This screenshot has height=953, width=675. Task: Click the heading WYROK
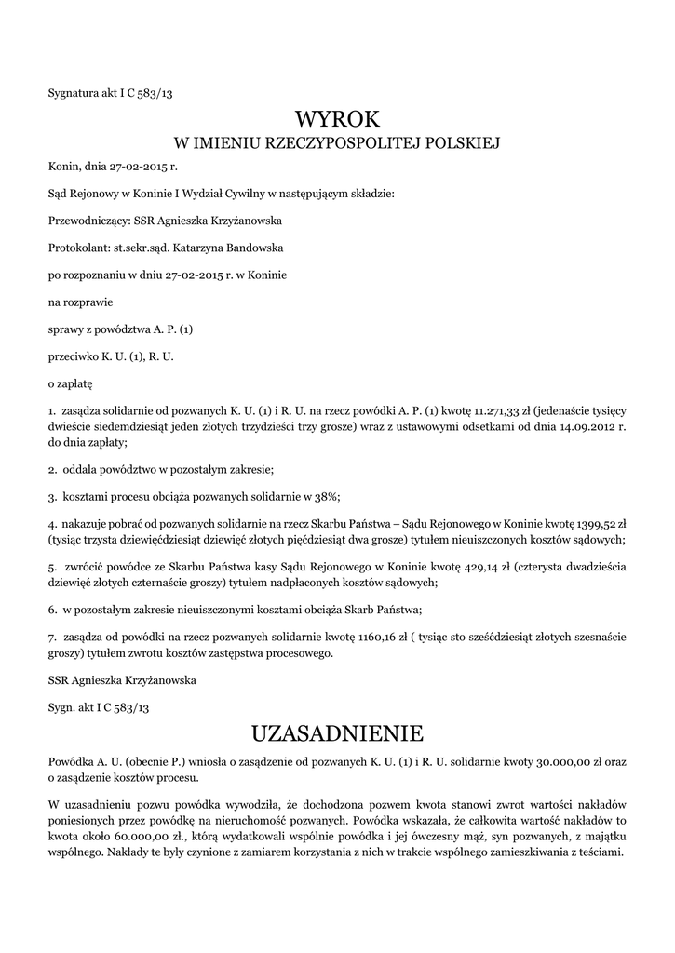point(337,118)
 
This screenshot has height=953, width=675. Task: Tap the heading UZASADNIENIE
point(337,731)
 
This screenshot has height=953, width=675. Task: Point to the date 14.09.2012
point(585,427)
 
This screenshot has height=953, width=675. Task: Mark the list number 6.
point(52,610)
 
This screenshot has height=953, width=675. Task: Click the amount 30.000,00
point(541,761)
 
